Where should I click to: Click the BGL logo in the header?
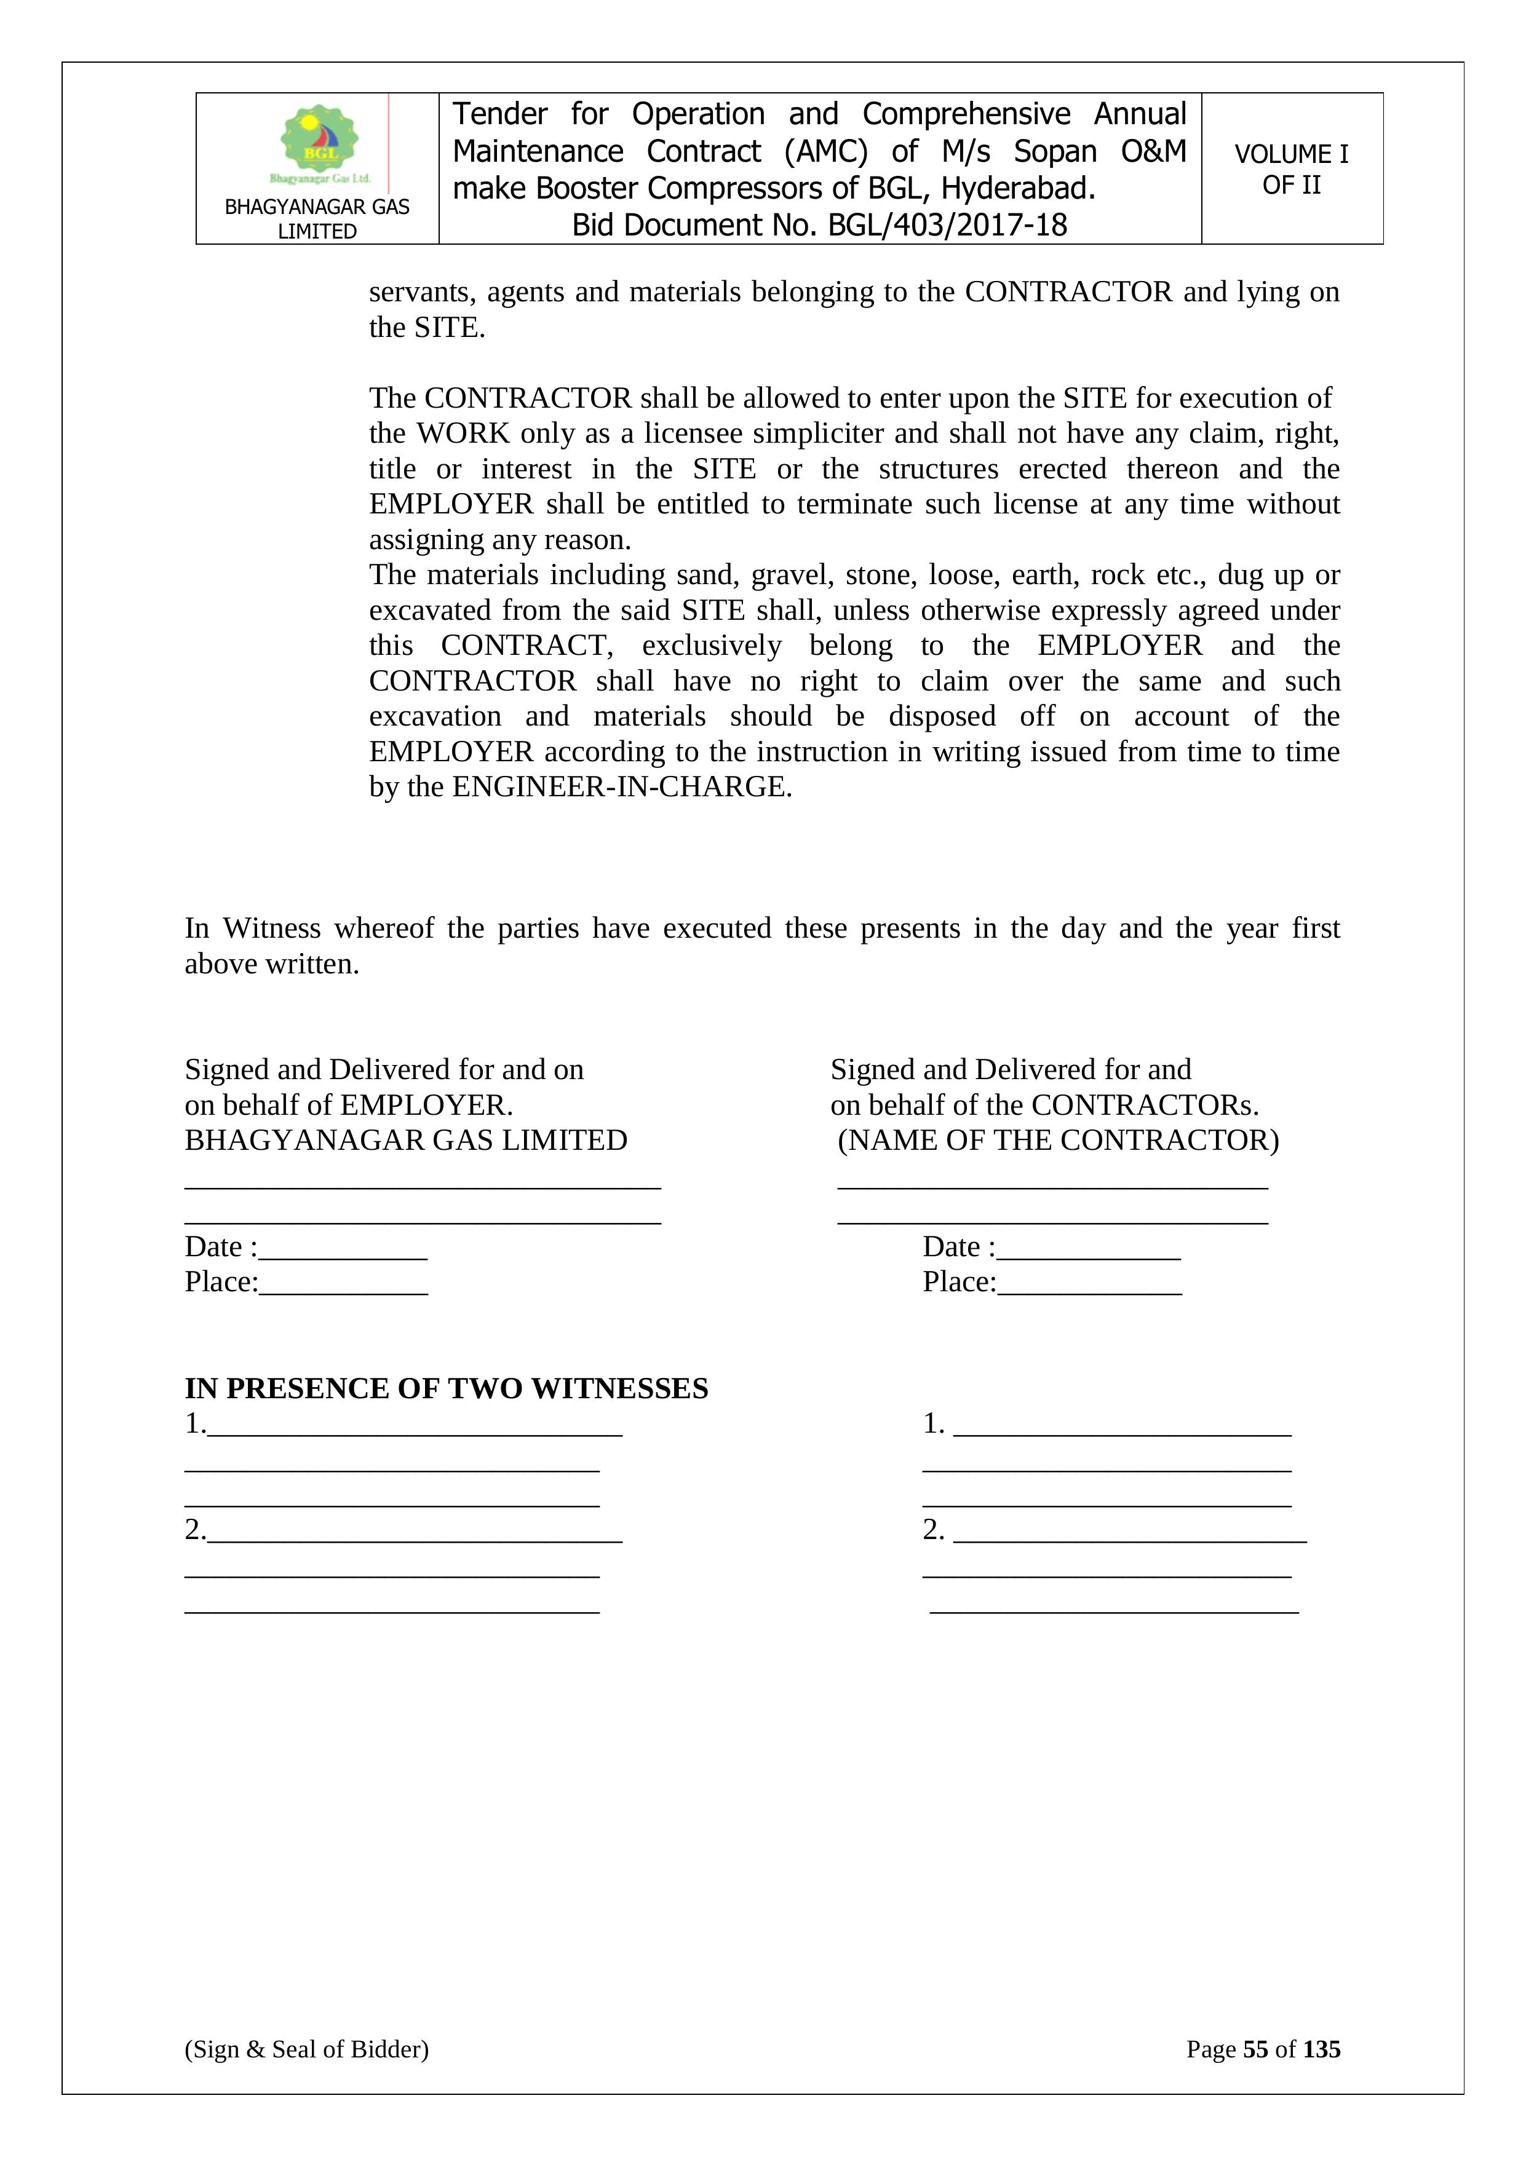(x=319, y=143)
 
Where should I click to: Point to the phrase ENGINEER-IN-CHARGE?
(x=621, y=787)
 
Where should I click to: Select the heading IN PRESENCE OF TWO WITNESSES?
(x=447, y=1388)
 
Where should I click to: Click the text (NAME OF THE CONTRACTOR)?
(x=1058, y=1141)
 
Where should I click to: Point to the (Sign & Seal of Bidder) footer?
(x=306, y=2049)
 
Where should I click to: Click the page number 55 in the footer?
(x=1255, y=2049)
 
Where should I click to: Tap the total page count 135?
(x=1321, y=2049)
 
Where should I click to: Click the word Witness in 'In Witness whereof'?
(x=272, y=928)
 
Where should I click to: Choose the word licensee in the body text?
(x=693, y=433)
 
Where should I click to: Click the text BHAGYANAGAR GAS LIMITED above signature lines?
(x=406, y=1141)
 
